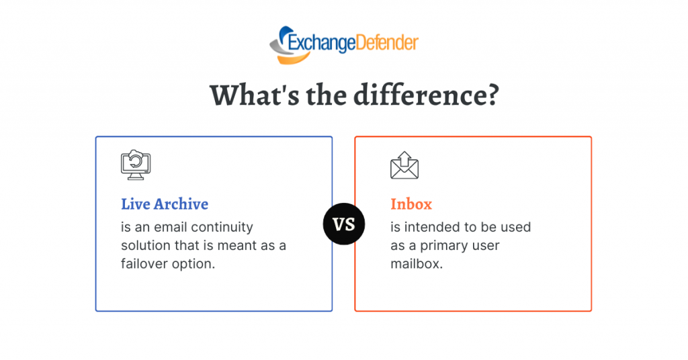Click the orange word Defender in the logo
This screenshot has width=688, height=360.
(x=386, y=42)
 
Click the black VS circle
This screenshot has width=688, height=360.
(x=344, y=224)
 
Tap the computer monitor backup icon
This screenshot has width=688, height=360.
(x=136, y=165)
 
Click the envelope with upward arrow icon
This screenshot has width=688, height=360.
(x=404, y=165)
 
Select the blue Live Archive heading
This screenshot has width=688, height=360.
(x=165, y=204)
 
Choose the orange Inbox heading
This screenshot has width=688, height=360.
(x=411, y=204)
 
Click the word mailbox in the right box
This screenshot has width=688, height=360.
(x=417, y=263)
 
